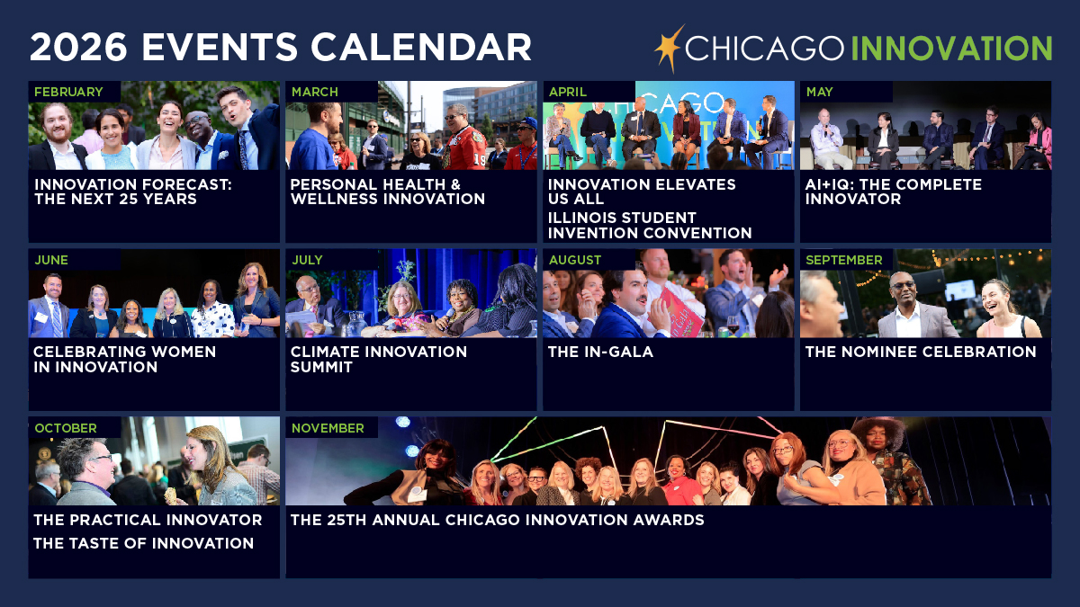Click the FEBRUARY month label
pyautogui.click(x=68, y=92)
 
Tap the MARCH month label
pyautogui.click(x=315, y=92)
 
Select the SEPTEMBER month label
pyautogui.click(x=844, y=260)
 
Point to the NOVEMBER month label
pyautogui.click(x=328, y=428)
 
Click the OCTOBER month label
pyautogui.click(x=66, y=428)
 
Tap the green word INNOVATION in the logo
pyautogui.click(x=950, y=49)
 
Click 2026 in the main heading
pyautogui.click(x=78, y=47)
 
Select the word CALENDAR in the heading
pyautogui.click(x=421, y=47)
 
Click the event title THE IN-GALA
pyautogui.click(x=600, y=352)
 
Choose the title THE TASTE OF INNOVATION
pyautogui.click(x=143, y=543)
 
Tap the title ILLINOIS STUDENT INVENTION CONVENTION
pyautogui.click(x=650, y=225)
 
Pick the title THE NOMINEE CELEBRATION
pyautogui.click(x=921, y=352)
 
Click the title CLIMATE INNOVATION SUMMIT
pyautogui.click(x=379, y=360)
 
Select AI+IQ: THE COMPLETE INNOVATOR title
pyautogui.click(x=894, y=192)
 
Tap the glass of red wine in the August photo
pyautogui.click(x=733, y=325)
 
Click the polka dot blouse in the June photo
pyautogui.click(x=212, y=319)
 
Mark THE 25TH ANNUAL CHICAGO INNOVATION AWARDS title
pyautogui.click(x=497, y=520)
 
